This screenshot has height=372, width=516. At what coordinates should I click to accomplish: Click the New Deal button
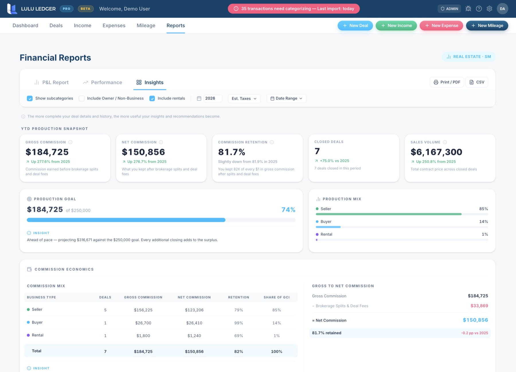[355, 25]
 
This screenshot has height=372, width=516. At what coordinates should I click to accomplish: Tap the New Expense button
[441, 25]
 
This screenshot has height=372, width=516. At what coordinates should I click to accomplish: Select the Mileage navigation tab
[146, 25]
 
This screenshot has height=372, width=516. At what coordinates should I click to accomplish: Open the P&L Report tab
[51, 82]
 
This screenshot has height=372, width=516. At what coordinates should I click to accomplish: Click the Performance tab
[102, 82]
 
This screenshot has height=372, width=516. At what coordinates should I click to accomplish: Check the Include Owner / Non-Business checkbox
[82, 99]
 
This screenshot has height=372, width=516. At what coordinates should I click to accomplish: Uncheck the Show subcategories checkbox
[30, 99]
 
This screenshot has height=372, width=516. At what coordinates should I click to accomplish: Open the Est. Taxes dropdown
[244, 99]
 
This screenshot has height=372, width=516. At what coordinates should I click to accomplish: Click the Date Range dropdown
[286, 99]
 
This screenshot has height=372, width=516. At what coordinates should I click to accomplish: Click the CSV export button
[477, 82]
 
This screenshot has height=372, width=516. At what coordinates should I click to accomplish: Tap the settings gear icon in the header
[489, 9]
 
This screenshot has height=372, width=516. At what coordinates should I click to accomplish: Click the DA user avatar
[502, 9]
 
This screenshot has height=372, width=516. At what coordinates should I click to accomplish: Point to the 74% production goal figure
[288, 210]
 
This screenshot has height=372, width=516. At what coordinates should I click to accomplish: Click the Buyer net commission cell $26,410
[194, 323]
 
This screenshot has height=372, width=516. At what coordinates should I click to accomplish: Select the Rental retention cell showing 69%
[239, 336]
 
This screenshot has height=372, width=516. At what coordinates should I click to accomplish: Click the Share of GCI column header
[277, 297]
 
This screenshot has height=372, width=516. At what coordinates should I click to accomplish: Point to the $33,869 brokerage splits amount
[479, 306]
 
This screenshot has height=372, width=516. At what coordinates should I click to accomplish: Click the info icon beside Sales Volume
[445, 142]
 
